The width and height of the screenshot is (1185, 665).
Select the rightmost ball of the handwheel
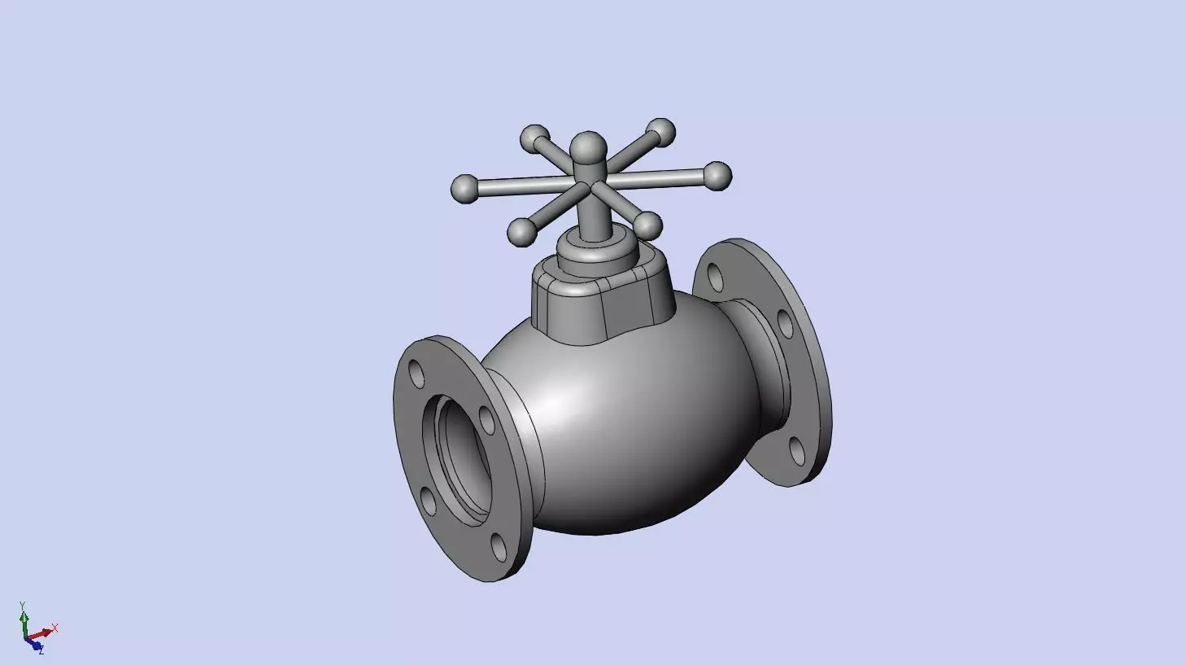(717, 175)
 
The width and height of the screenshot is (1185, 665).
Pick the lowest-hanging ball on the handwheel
(521, 232)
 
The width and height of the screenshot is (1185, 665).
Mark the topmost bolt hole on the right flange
(716, 277)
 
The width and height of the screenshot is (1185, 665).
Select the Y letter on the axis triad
(23, 605)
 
